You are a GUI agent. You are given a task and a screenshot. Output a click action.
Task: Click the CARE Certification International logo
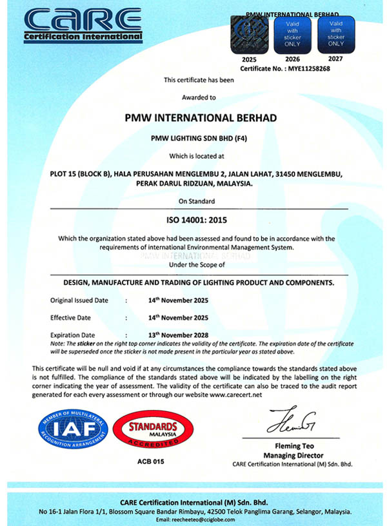[83, 24]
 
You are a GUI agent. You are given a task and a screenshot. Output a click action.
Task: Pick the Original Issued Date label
[79, 300]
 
